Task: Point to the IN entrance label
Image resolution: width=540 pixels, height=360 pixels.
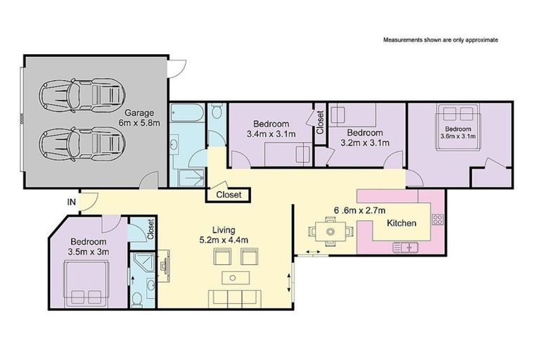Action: tap(71, 202)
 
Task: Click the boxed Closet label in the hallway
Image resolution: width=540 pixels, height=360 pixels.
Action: tap(229, 195)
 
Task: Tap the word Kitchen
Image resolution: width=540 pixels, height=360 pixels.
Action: tap(402, 224)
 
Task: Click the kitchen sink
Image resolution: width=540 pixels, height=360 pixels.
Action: tap(406, 247)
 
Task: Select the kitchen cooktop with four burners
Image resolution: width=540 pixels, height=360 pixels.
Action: tap(437, 219)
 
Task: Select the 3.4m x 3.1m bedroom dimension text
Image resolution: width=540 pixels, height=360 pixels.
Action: tap(271, 133)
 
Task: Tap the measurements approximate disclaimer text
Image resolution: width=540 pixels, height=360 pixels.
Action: tap(440, 40)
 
